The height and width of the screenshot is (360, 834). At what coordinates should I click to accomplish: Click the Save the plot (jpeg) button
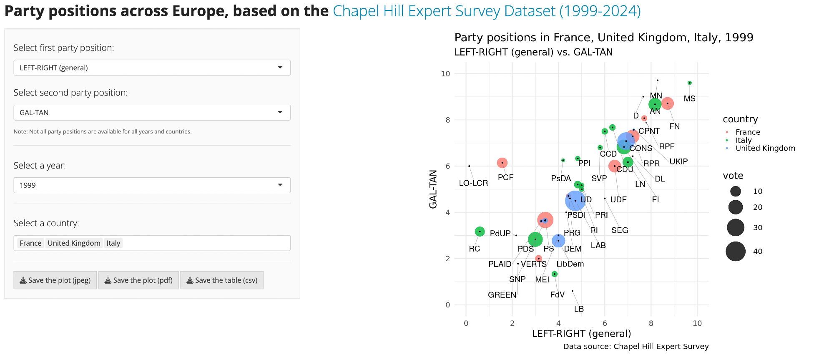click(55, 280)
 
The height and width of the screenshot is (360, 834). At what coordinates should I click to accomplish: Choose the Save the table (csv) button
click(222, 280)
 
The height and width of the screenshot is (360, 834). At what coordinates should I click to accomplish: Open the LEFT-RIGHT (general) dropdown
click(152, 68)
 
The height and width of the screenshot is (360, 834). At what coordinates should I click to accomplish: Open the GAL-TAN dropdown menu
click(152, 113)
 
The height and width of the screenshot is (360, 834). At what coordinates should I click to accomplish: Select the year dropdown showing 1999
click(152, 185)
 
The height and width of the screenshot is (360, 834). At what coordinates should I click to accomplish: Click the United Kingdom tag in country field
click(74, 243)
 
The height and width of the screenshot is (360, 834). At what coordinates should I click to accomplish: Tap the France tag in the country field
click(30, 243)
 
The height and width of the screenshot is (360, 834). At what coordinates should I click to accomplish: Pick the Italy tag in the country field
click(113, 243)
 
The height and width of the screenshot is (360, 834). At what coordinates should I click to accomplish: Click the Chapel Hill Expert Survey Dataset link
click(487, 11)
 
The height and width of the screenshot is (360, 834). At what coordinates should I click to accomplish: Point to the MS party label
click(689, 99)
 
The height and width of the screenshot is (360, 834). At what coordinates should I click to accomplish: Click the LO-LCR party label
click(473, 183)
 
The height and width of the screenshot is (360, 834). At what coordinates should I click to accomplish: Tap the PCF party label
click(505, 178)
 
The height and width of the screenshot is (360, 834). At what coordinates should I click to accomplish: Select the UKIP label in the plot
click(678, 161)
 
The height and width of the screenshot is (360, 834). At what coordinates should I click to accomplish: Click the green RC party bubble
click(480, 232)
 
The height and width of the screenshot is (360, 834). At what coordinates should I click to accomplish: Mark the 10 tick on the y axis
click(445, 74)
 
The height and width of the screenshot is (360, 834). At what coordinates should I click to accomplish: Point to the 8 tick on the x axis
click(651, 323)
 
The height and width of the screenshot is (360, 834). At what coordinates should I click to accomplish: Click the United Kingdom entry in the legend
click(765, 149)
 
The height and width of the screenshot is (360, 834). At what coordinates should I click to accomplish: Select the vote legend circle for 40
click(736, 252)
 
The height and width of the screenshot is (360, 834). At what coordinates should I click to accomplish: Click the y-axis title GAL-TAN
click(433, 189)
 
